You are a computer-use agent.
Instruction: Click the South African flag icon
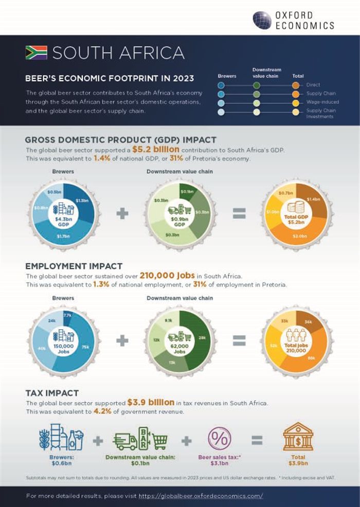click(x=36, y=53)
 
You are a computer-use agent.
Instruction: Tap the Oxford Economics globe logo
click(x=262, y=20)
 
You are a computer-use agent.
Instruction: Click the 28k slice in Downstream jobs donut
click(x=201, y=337)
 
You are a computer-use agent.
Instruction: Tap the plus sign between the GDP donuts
click(x=122, y=213)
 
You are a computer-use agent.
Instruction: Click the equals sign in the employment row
click(x=239, y=340)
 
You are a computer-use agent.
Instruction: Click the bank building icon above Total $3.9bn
click(x=298, y=437)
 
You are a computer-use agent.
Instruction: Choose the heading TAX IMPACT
click(x=52, y=393)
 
